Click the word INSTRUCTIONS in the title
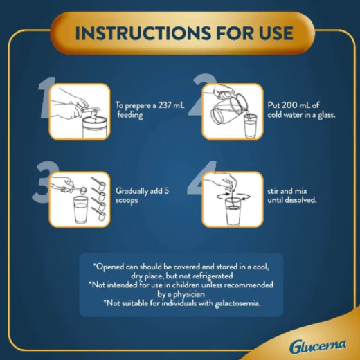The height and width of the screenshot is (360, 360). click(143, 33)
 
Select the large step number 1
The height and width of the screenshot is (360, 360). click(46, 98)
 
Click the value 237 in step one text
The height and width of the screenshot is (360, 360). click(165, 105)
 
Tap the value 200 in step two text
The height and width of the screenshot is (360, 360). click(287, 105)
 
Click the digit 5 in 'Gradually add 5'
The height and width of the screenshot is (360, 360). click(166, 191)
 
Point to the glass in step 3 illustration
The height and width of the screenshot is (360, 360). click(81, 210)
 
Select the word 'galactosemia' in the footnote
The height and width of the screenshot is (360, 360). click(237, 303)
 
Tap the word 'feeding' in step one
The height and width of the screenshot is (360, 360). click(129, 115)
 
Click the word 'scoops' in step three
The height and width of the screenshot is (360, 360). click(127, 200)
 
